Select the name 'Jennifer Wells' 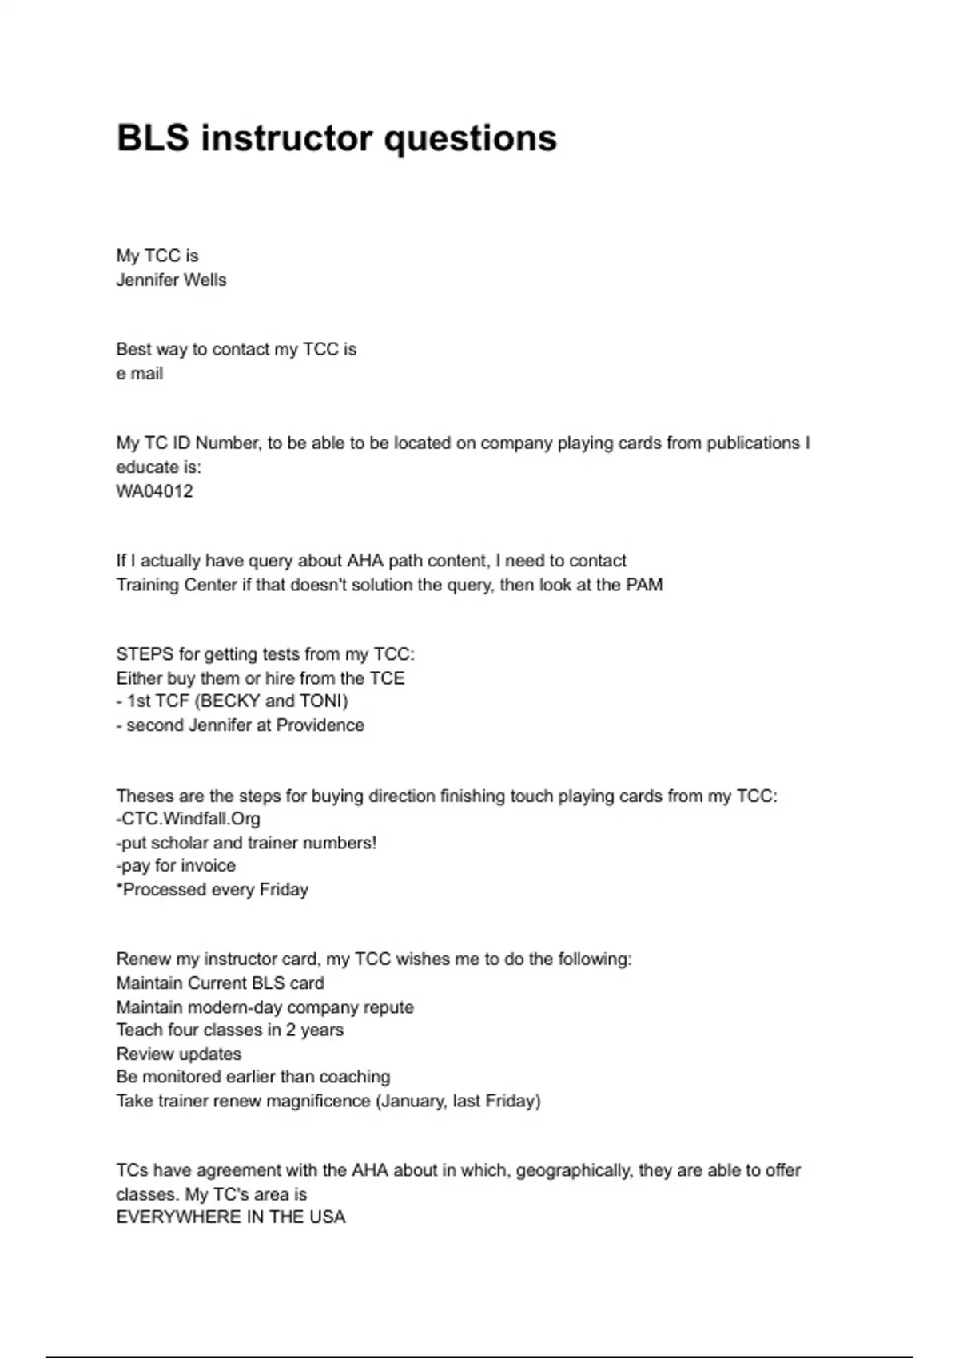[171, 280]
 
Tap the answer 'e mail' [140, 374]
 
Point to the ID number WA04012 [154, 491]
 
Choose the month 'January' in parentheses [412, 1102]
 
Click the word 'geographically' [572, 1171]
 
